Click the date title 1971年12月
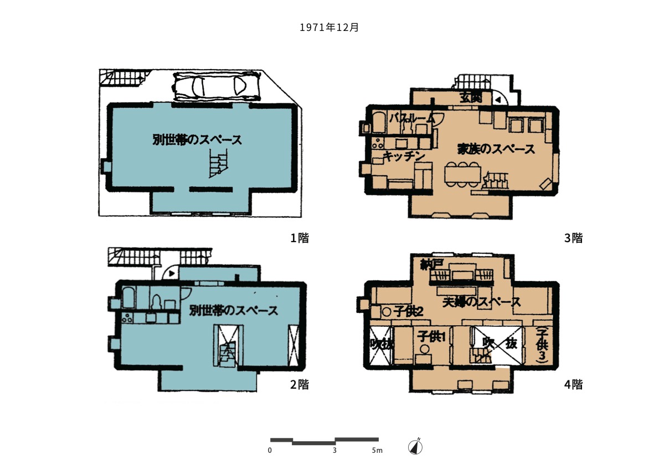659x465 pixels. pos(329,27)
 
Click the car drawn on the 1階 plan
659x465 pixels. pos(215,86)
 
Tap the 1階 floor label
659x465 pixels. pos(300,238)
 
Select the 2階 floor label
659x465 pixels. pos(300,384)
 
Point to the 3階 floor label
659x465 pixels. pos(573,238)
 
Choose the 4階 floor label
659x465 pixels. pos(573,384)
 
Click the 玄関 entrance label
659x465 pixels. pos(471,98)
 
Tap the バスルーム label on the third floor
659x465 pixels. pos(413,118)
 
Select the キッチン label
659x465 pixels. pos(404,156)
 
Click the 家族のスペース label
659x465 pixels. pos(496,149)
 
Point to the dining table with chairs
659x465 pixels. pos(462,174)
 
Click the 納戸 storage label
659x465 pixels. pos(431,264)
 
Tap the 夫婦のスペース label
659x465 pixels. pos(482,302)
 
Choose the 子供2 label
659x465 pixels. pos(408,311)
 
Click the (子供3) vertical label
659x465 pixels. pos(542,344)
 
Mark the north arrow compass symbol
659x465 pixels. pos(415,447)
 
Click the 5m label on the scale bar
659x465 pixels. pos(377,451)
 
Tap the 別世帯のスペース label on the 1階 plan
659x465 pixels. pos(197,140)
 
